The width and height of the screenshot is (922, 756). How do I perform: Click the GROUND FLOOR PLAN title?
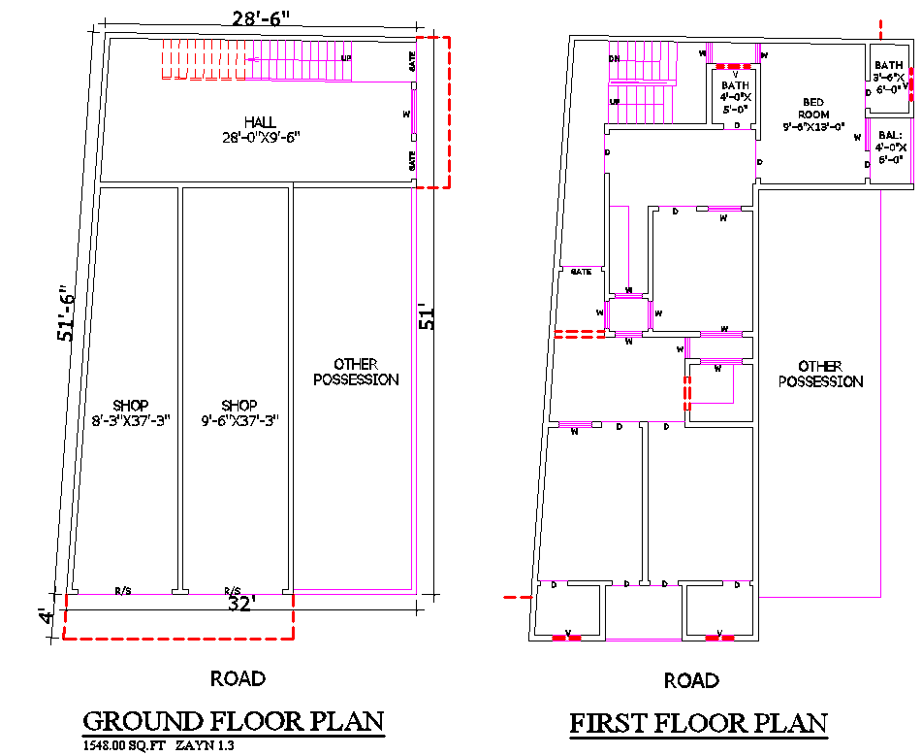point(234,722)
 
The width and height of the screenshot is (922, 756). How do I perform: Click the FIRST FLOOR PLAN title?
point(698,723)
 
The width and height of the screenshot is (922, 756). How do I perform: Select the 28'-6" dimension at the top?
point(260,16)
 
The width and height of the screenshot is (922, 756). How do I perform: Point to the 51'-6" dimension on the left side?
point(65,312)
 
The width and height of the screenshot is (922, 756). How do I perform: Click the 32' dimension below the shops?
point(240,605)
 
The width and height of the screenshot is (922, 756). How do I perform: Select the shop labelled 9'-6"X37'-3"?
point(238,412)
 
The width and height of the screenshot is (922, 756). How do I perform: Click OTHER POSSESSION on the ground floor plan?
point(356,373)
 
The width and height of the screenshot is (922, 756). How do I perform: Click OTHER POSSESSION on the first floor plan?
point(820,374)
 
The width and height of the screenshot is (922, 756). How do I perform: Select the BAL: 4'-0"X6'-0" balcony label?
point(889,147)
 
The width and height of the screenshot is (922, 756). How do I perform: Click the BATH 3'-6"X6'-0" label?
point(888,77)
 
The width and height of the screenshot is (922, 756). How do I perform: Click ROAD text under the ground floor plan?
point(238,678)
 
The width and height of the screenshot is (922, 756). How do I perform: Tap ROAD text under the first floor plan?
point(691,680)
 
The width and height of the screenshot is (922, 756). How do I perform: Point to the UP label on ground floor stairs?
point(345,58)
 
